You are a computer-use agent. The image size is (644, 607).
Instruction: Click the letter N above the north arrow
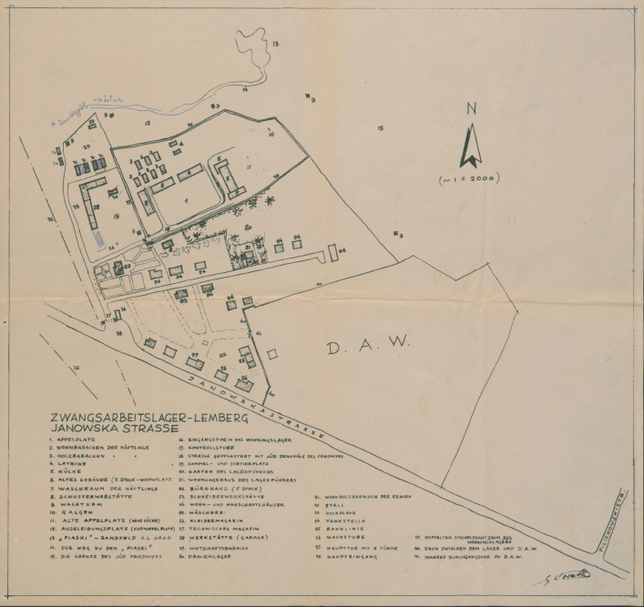472,109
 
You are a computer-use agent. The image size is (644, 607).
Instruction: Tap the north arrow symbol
471,145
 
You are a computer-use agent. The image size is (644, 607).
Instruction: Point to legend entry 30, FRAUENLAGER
206,557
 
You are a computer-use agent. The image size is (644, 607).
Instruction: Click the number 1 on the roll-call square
186,201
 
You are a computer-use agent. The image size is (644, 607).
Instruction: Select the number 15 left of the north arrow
380,128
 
